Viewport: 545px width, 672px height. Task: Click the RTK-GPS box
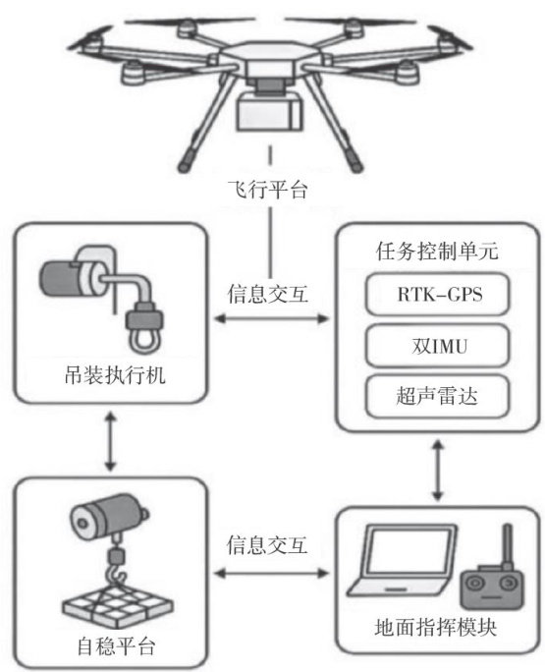click(437, 295)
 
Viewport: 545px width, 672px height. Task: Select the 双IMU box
click(437, 346)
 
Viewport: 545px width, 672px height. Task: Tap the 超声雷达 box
click(437, 396)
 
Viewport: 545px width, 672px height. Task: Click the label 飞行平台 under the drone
click(268, 190)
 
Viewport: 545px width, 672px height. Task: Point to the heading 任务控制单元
click(437, 252)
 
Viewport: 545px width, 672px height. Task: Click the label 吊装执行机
click(115, 375)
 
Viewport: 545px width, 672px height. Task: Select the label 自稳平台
click(116, 645)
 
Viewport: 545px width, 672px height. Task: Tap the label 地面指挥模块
click(436, 628)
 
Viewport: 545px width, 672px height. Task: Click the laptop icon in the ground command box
click(401, 560)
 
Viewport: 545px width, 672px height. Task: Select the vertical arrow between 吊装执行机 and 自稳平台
click(111, 441)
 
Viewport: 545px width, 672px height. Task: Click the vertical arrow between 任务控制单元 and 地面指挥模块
click(437, 471)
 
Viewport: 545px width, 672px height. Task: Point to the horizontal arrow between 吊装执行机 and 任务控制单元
click(272, 318)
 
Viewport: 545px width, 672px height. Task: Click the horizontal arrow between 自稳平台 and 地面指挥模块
click(272, 573)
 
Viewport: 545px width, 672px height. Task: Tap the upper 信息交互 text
click(268, 294)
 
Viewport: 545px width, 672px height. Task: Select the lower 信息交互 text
click(267, 545)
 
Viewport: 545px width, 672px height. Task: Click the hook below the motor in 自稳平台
click(117, 576)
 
